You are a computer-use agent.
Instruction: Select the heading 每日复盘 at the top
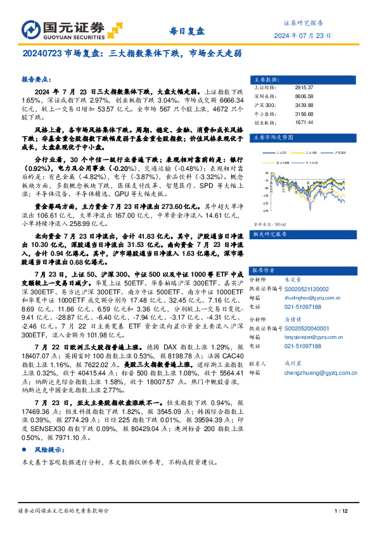188,30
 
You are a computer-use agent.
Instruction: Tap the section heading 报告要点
37,80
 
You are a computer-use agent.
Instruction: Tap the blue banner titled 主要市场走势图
304,136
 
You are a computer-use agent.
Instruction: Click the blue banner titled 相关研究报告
304,216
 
